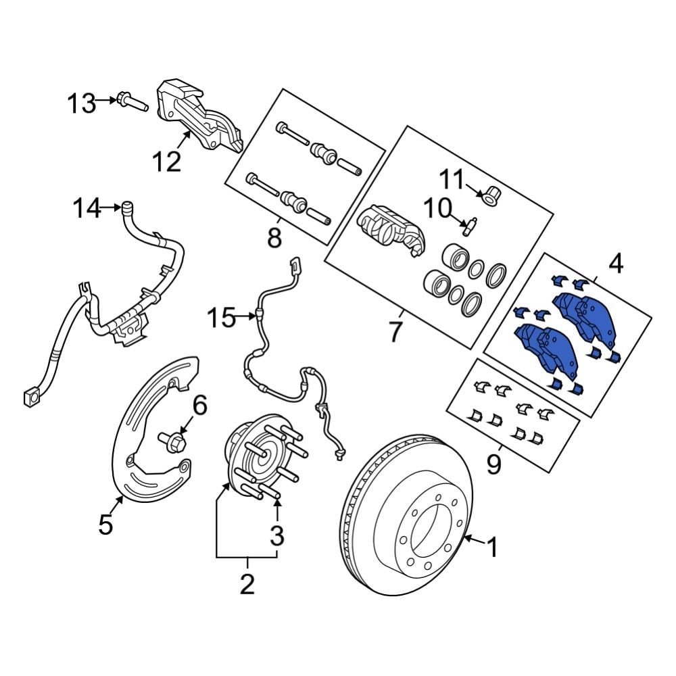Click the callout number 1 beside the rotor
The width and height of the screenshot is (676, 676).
click(x=492, y=547)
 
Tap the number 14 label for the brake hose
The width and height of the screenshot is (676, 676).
click(x=88, y=209)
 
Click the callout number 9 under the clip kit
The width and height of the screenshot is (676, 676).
click(x=494, y=464)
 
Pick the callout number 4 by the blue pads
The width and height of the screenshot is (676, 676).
click(x=614, y=264)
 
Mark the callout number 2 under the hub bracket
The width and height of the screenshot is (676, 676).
click(x=247, y=582)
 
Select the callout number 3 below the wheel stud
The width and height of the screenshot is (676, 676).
click(x=277, y=536)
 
